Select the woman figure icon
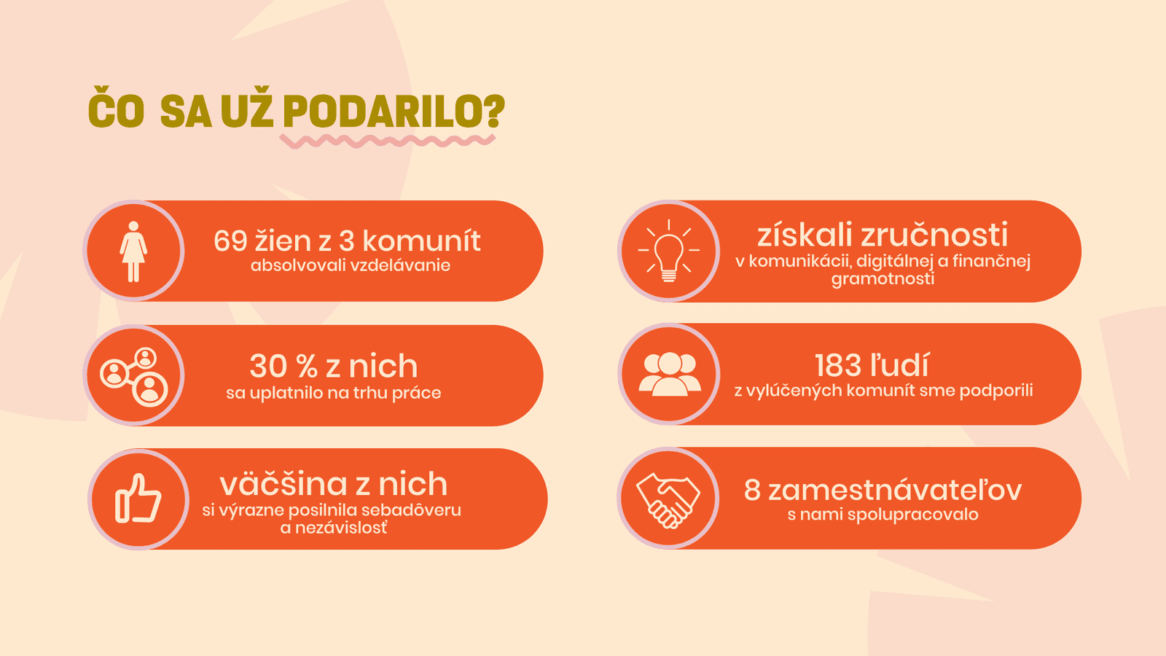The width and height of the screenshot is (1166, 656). pyautogui.click(x=133, y=251)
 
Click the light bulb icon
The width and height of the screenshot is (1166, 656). pyautogui.click(x=669, y=251)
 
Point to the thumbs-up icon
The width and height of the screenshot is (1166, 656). pyautogui.click(x=138, y=499)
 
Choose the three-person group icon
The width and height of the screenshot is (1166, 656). pyautogui.click(x=670, y=375)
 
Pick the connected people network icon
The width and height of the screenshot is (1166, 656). pyautogui.click(x=134, y=377)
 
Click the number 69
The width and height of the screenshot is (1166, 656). pyautogui.click(x=230, y=241)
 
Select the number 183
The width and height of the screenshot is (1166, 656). pyautogui.click(x=837, y=365)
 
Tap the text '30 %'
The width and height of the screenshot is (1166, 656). pyautogui.click(x=283, y=366)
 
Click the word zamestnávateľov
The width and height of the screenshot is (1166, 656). pyautogui.click(x=895, y=491)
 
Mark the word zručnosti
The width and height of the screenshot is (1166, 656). pyautogui.click(x=934, y=235)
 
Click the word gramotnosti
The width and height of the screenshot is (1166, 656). pyautogui.click(x=883, y=279)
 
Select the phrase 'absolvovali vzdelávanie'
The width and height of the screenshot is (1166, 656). pyautogui.click(x=351, y=265)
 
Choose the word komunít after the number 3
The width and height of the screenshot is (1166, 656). pyautogui.click(x=421, y=241)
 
